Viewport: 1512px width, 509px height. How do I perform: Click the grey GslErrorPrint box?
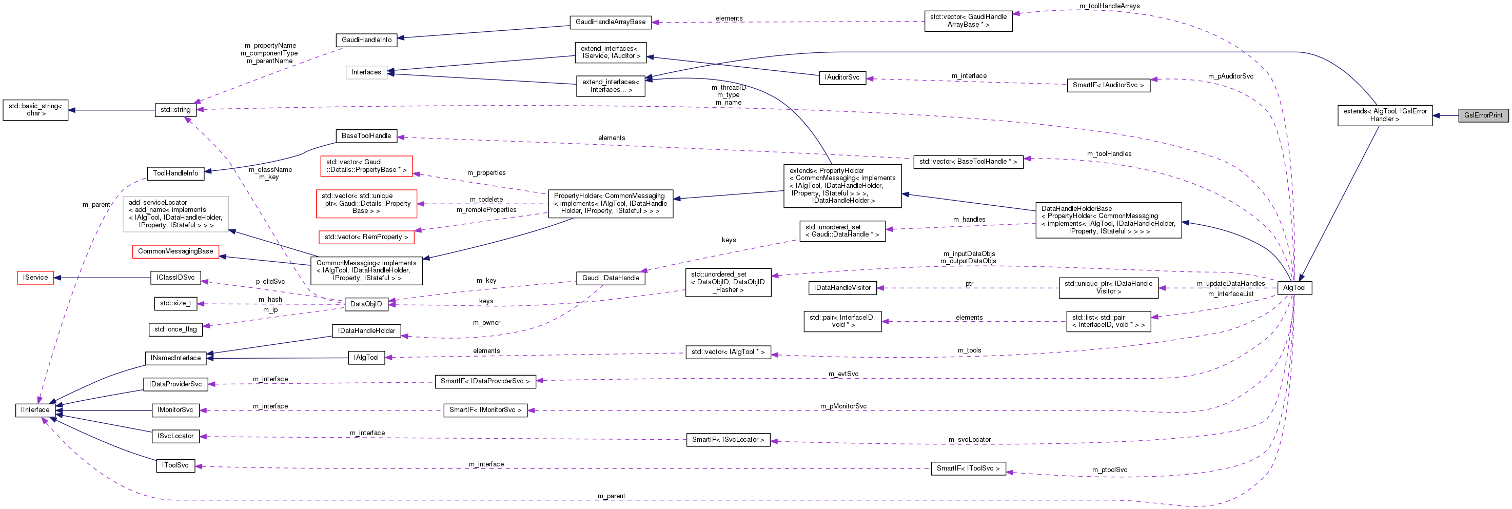click(x=1483, y=115)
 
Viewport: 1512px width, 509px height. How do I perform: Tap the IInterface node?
click(x=35, y=410)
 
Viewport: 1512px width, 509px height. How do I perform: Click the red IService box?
click(x=35, y=277)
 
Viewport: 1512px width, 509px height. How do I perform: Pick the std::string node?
click(x=175, y=110)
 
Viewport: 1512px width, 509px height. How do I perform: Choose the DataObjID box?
click(x=366, y=304)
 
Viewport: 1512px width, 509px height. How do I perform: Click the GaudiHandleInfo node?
click(x=366, y=40)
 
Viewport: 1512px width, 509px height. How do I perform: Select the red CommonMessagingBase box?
click(x=175, y=251)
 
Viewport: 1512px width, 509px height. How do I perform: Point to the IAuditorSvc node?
click(x=842, y=77)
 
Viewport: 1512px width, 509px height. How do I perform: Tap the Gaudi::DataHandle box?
click(x=611, y=278)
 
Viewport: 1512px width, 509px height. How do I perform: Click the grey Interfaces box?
click(x=366, y=72)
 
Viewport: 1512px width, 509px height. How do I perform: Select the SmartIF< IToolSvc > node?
click(x=968, y=468)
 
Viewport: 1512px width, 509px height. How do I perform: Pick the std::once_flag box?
click(x=175, y=329)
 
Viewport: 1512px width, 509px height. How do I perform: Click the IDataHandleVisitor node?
click(x=842, y=288)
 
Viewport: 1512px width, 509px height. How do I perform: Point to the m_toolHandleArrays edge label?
click(x=1109, y=6)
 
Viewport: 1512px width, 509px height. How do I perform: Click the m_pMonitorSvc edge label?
click(x=843, y=406)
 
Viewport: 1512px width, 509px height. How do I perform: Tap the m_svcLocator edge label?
click(x=969, y=440)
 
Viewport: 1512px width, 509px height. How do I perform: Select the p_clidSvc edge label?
click(x=270, y=282)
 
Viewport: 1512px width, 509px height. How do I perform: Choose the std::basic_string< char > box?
click(x=35, y=110)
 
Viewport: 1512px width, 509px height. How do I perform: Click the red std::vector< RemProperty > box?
click(x=366, y=237)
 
